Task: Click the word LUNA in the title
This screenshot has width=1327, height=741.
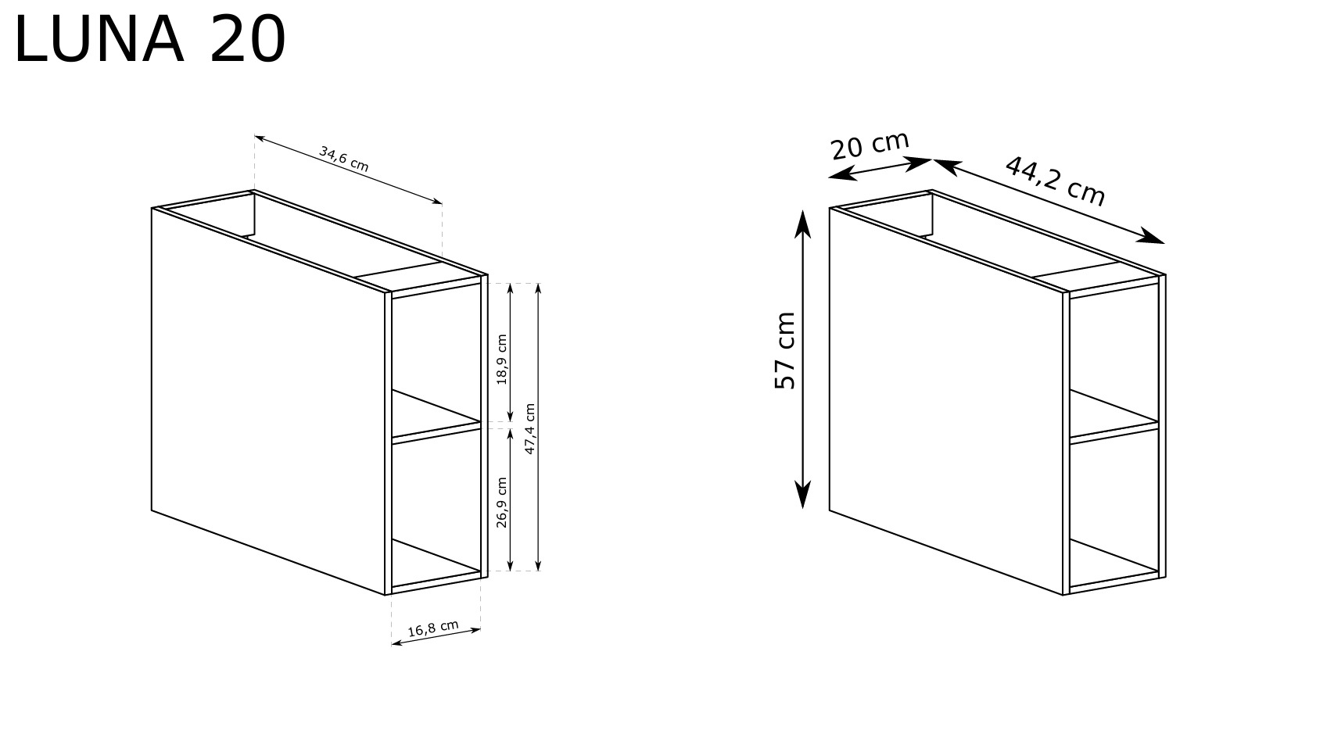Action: [x=99, y=39]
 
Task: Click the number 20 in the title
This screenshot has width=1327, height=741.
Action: [x=248, y=39]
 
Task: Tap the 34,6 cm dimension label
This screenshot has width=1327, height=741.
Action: [x=344, y=159]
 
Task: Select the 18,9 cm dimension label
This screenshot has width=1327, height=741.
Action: [x=502, y=360]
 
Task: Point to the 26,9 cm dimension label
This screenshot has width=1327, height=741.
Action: [x=502, y=503]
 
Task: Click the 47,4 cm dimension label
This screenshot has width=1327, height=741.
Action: [x=529, y=429]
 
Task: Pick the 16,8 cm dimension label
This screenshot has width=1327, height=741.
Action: [x=433, y=628]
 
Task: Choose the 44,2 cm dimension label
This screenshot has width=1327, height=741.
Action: [x=1055, y=181]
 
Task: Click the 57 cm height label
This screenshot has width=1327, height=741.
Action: [x=785, y=351]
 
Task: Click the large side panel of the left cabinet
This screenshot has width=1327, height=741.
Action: [x=268, y=400]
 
